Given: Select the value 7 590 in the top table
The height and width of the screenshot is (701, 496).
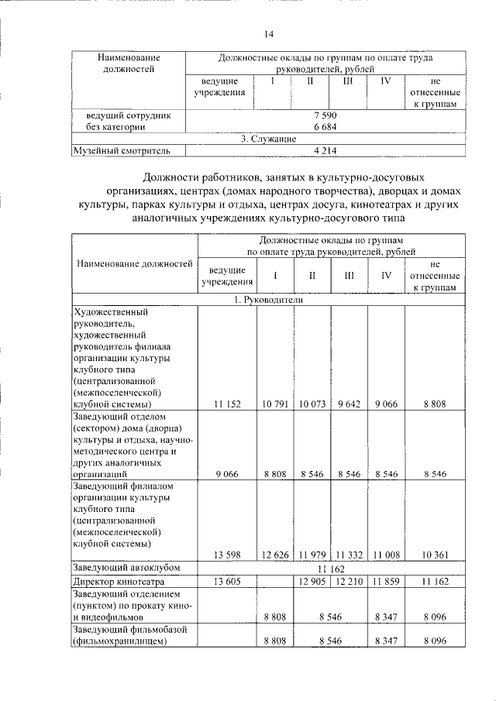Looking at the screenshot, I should coord(324,115).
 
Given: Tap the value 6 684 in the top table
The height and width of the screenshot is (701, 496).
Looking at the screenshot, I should coord(324,126).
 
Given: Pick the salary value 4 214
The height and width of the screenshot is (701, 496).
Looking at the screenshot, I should coord(324,150).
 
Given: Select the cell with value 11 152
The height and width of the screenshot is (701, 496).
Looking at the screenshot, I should coord(227,404).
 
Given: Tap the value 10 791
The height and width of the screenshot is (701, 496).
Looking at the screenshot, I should coord(275,404).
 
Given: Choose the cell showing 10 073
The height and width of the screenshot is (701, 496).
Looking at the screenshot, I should coord(312,404).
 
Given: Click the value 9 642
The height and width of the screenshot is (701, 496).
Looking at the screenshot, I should coord(349,404).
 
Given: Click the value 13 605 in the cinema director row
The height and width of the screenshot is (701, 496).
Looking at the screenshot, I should coord(227,581).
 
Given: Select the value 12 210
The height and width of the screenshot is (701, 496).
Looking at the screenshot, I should coord(349,581).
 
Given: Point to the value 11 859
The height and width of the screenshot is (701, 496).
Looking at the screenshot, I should coord(385,581).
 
